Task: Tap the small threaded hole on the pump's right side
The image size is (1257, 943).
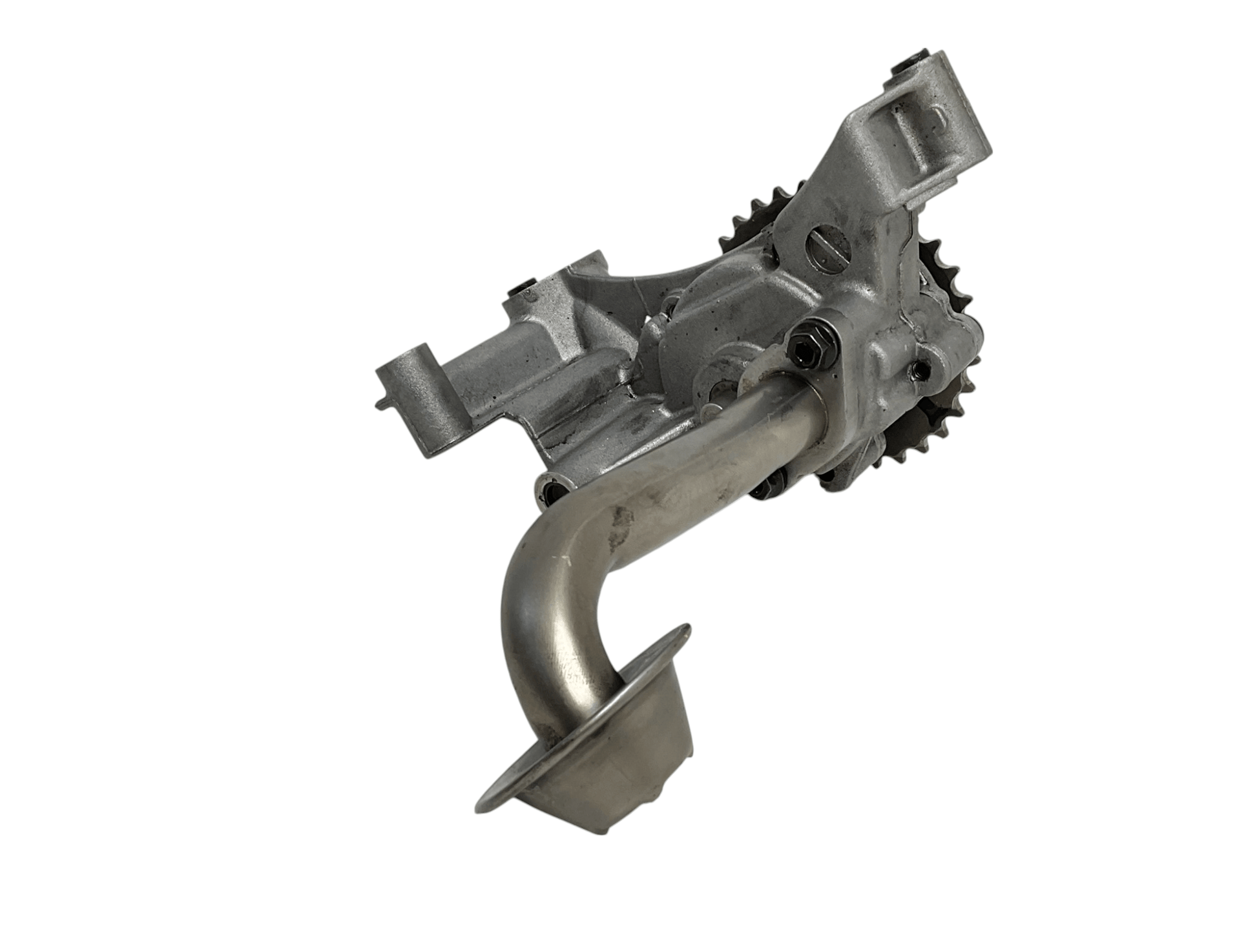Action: point(919,369)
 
